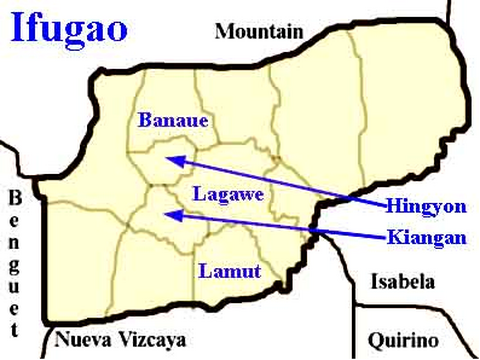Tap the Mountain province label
tap(259, 31)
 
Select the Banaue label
tap(172, 122)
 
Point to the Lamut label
tap(230, 271)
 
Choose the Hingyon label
tap(425, 208)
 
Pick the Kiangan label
tap(425, 238)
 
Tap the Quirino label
tap(403, 339)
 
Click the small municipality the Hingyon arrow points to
tap(158, 168)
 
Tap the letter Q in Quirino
tap(375, 339)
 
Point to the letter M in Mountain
tap(225, 31)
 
